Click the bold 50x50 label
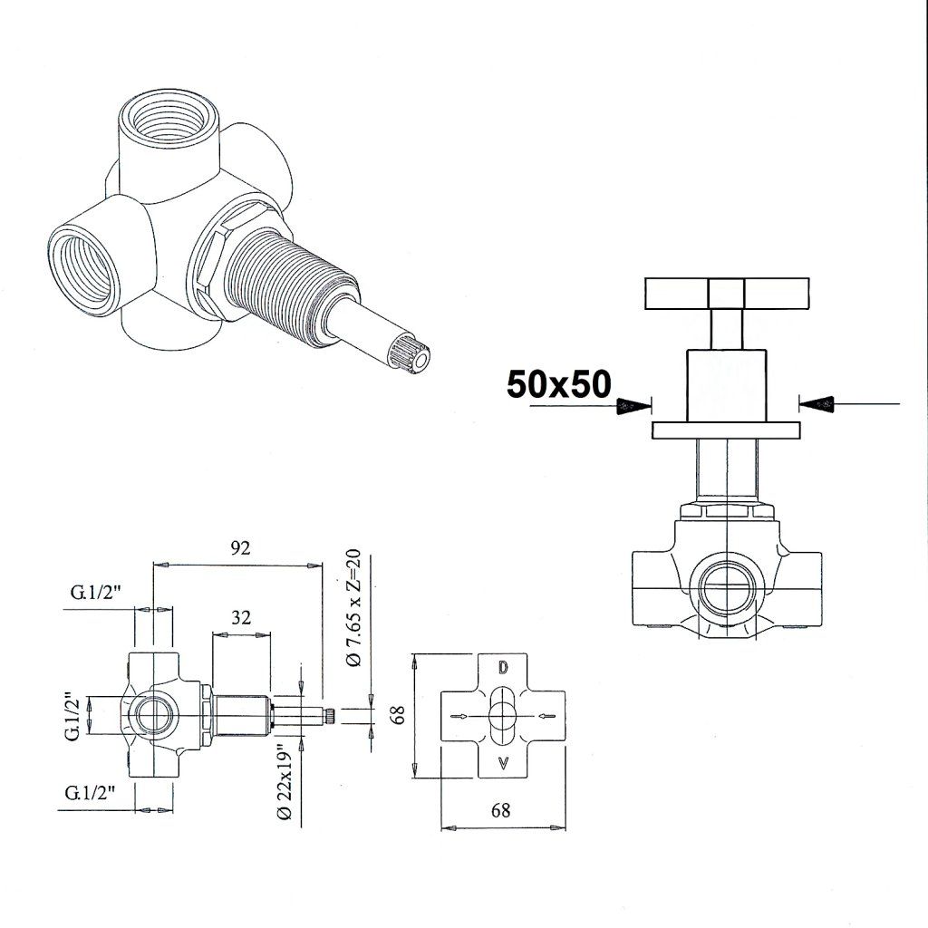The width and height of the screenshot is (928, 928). coord(558,384)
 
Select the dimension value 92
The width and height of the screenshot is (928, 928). coord(240,548)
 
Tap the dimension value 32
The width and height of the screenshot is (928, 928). coord(241,617)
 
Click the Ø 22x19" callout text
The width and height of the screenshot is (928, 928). coord(285,781)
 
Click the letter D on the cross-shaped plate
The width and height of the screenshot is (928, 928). coord(502,668)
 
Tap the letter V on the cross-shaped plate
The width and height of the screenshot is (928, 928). coord(502,763)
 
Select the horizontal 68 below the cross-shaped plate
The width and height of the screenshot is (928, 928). coord(500,809)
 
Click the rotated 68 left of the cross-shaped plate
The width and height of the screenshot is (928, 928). coord(399,714)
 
